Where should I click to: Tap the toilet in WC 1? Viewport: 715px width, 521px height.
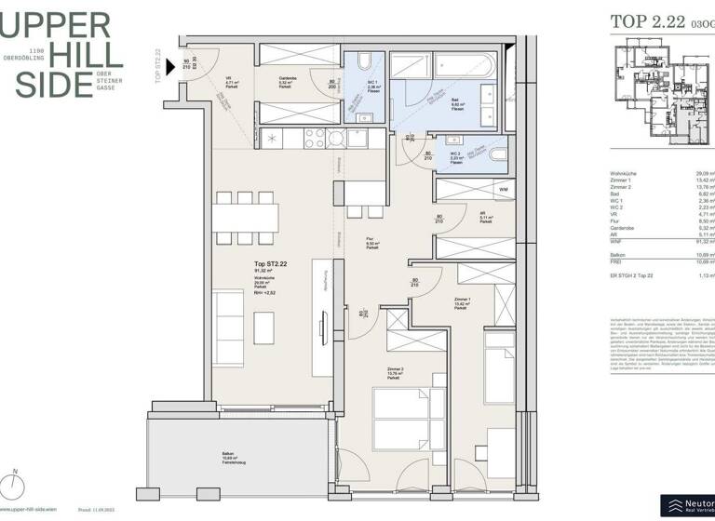364,62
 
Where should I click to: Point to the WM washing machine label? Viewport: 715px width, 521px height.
504,191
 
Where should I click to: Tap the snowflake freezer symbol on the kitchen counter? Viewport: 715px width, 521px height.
271,139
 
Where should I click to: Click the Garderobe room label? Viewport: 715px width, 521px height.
287,79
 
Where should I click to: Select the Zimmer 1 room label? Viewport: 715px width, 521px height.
463,298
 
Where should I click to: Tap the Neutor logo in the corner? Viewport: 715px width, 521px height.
687,504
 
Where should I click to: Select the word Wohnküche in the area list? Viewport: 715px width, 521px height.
623,173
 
